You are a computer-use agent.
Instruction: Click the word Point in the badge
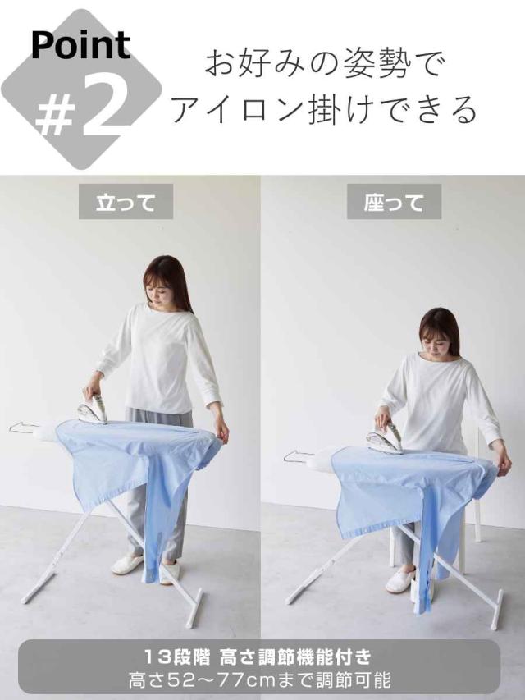(x=81, y=45)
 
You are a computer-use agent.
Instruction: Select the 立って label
(x=126, y=202)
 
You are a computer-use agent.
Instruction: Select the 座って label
(x=395, y=202)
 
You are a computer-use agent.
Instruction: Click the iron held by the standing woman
(x=93, y=409)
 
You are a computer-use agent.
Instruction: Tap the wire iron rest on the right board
(x=299, y=456)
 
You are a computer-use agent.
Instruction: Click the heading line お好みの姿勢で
(x=324, y=66)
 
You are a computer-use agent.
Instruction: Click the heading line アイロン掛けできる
(x=324, y=109)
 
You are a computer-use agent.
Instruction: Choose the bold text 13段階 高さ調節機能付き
(x=258, y=657)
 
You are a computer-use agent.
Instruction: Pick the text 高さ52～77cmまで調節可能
(x=259, y=680)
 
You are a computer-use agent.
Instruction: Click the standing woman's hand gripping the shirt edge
(x=221, y=431)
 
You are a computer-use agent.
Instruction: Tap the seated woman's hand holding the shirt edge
(x=504, y=464)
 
